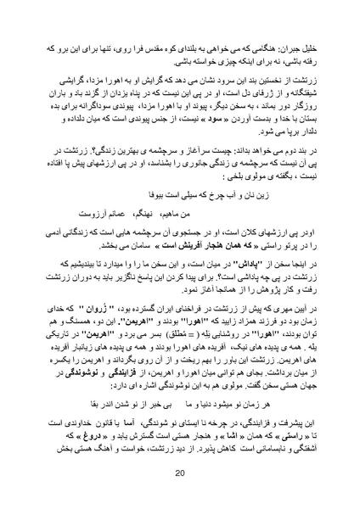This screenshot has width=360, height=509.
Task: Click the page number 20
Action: coord(180,474)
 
